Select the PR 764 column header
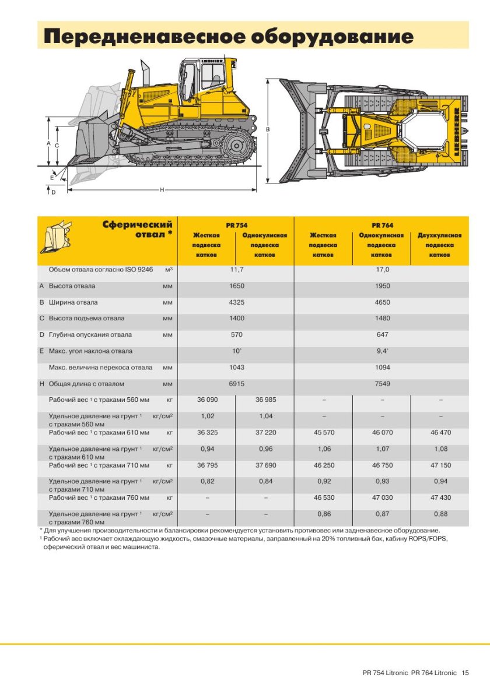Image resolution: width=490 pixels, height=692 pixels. point(382,225)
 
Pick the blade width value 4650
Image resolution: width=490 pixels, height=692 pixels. point(382,302)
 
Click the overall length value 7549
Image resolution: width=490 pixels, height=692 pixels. point(382,384)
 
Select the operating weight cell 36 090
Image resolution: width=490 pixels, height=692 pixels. point(207,400)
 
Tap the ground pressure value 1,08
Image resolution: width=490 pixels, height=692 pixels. point(440,449)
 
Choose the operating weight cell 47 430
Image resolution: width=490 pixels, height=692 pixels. point(440,497)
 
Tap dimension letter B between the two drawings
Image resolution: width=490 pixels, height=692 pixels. point(268,129)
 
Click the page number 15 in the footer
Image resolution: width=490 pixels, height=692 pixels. point(465,673)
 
